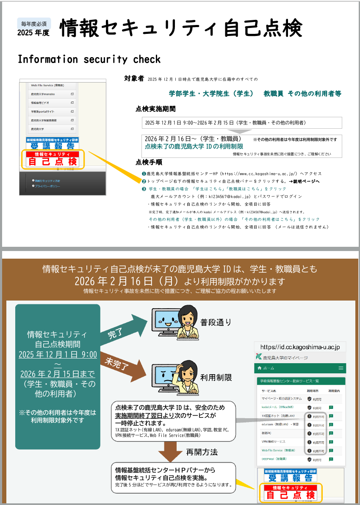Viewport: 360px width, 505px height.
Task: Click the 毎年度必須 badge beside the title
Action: pyautogui.click(x=34, y=23)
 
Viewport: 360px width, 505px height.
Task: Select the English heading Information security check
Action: pyautogui.click(x=89, y=59)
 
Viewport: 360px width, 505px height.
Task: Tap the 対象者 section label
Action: pyautogui.click(x=134, y=79)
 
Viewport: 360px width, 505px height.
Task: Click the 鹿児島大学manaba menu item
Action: pyautogui.click(x=42, y=94)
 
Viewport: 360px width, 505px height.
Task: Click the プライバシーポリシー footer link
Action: pyautogui.click(x=48, y=186)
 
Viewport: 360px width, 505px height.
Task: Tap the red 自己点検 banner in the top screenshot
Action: pyautogui.click(x=52, y=159)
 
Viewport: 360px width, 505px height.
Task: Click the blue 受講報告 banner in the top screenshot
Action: pyautogui.click(x=52, y=143)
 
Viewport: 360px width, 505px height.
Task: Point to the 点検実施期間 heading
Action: pyautogui.click(x=155, y=109)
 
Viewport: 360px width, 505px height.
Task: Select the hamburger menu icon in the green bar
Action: pyautogui.click(x=341, y=368)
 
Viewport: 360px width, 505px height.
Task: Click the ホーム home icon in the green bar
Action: pyautogui.click(x=259, y=368)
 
